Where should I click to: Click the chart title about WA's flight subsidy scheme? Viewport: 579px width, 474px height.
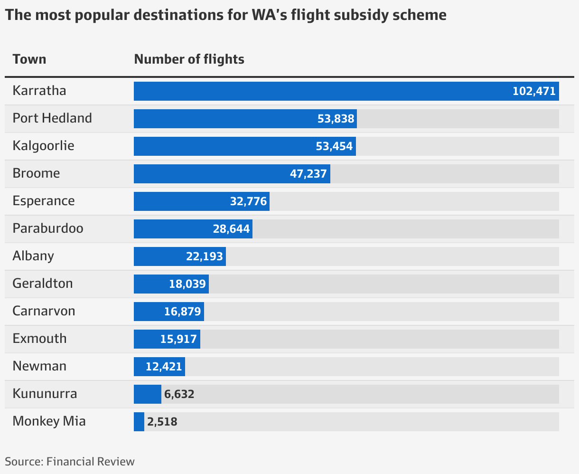click(x=225, y=15)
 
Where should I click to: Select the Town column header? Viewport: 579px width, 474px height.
click(x=29, y=59)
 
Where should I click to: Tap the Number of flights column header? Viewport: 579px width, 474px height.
click(x=189, y=59)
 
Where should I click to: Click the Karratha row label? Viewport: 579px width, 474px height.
click(x=39, y=91)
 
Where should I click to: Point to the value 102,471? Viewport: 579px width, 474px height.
click(x=534, y=91)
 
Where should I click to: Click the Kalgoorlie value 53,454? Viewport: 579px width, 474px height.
click(x=335, y=146)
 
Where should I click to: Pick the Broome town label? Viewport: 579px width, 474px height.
click(x=36, y=173)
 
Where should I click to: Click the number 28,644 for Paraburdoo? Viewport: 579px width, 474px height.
click(x=231, y=229)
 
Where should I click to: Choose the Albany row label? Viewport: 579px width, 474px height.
click(x=33, y=256)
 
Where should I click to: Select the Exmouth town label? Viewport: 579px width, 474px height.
click(x=39, y=339)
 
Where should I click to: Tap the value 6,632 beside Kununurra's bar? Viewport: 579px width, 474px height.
click(x=179, y=394)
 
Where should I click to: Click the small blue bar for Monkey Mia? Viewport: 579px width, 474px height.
click(x=139, y=422)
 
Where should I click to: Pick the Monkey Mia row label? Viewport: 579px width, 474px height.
click(x=49, y=421)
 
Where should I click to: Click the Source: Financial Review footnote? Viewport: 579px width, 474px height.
click(x=70, y=462)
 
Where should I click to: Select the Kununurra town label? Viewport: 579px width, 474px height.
click(x=45, y=394)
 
